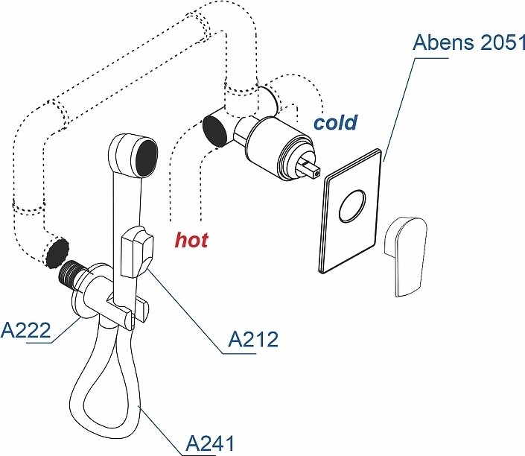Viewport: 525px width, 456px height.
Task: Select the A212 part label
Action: (x=252, y=339)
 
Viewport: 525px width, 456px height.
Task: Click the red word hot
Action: (x=191, y=240)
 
